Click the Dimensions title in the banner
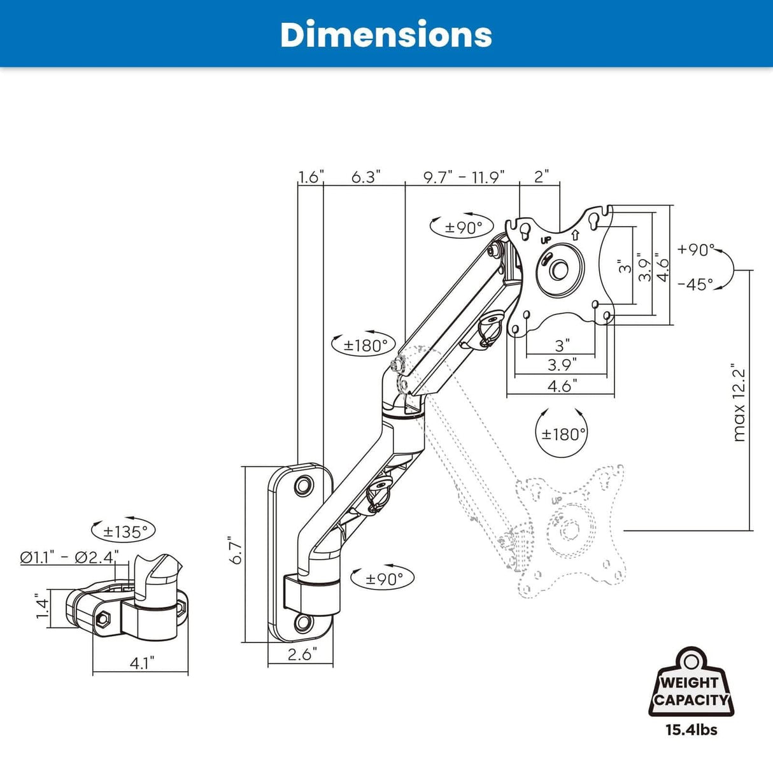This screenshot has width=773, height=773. click(386, 34)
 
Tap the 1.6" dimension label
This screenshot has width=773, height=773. click(311, 177)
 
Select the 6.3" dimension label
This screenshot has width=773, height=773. click(365, 177)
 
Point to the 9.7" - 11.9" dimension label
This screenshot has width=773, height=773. click(464, 177)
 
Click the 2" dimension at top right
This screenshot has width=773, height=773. click(541, 177)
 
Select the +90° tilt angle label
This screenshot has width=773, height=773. click(696, 250)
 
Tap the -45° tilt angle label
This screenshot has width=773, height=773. click(695, 284)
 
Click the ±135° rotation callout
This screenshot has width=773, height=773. click(125, 531)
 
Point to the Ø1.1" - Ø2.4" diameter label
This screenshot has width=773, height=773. click(69, 557)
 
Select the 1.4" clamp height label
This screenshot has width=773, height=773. click(42, 606)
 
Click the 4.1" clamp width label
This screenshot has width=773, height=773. click(141, 663)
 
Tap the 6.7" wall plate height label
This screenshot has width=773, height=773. click(236, 549)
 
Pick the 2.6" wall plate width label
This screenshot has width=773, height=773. click(301, 655)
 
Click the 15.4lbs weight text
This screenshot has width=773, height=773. click(691, 730)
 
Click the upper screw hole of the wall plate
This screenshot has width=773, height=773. click(304, 486)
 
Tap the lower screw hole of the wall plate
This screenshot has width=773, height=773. click(304, 621)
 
